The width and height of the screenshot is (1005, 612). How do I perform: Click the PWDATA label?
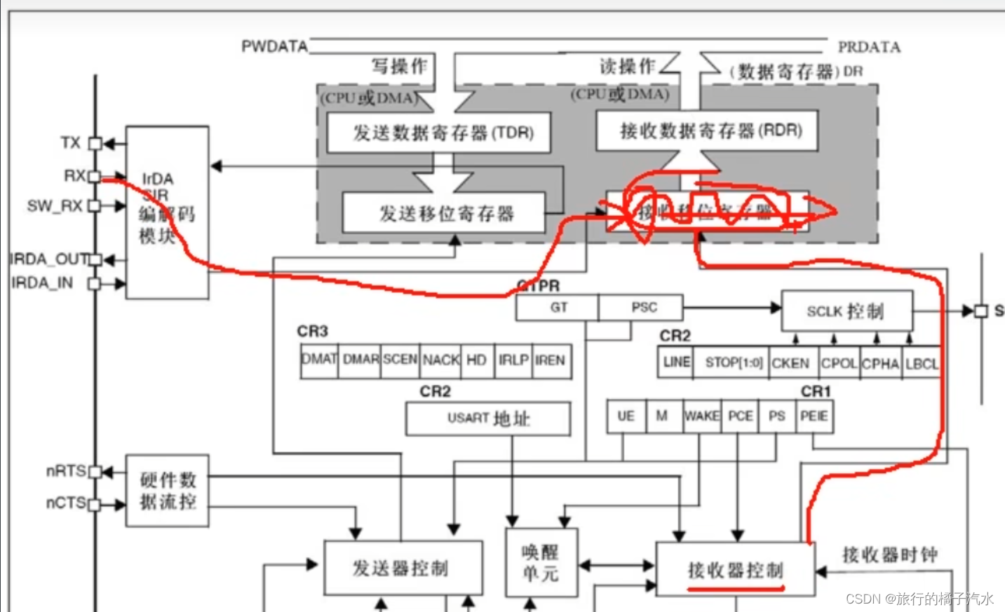click(x=274, y=46)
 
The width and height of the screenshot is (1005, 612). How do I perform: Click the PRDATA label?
click(x=869, y=47)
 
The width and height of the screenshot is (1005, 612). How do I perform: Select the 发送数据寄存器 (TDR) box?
click(x=439, y=132)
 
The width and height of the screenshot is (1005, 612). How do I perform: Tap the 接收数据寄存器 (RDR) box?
click(x=707, y=130)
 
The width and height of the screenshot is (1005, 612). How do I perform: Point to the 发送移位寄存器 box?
click(x=444, y=213)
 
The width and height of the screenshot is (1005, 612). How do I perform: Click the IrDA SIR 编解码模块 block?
click(x=167, y=212)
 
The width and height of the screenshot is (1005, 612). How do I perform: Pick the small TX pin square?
click(x=95, y=144)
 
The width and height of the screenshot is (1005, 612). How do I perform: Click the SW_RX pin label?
click(x=55, y=206)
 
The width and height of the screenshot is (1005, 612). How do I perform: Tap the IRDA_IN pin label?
click(x=42, y=283)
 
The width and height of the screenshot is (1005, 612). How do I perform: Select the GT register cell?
click(x=558, y=308)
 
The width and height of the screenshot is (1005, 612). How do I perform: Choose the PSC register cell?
click(x=643, y=308)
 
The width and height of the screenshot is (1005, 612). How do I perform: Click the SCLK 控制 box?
click(x=847, y=311)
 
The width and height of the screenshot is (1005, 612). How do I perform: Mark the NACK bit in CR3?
click(x=440, y=360)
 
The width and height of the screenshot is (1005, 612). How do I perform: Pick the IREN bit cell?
click(x=550, y=360)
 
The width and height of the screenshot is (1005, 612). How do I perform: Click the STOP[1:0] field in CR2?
click(x=733, y=363)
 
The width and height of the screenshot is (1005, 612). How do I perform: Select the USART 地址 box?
click(x=488, y=419)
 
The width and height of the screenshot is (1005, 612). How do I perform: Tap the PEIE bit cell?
click(x=814, y=416)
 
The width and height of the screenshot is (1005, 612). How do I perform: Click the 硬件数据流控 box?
click(x=167, y=491)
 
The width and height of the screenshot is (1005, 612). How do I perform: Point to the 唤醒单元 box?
click(x=539, y=563)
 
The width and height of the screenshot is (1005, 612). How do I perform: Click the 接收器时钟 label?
click(x=889, y=555)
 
